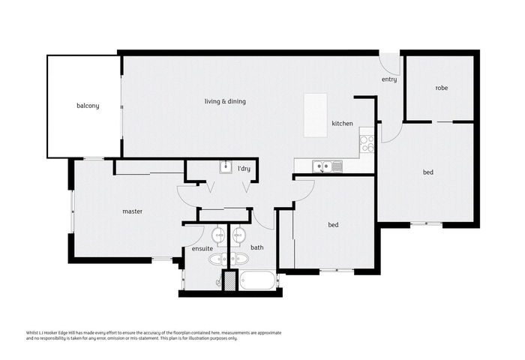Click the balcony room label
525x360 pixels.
point(88,106)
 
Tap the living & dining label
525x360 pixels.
point(225,101)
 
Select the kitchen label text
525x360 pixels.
point(342,123)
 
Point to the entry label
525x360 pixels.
point(389,79)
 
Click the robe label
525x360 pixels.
point(442,88)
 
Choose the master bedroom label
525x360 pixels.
point(132,211)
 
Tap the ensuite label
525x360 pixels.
point(202,248)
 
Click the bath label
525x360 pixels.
point(257,247)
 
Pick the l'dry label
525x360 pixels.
point(244,169)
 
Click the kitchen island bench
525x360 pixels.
point(316,115)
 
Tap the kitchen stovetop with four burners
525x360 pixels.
point(367,143)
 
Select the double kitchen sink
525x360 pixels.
point(327,166)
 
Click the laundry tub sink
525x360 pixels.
point(226,166)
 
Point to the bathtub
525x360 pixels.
point(257,280)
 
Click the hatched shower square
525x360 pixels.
point(230,280)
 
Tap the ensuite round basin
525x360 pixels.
point(219,235)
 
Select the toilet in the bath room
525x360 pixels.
point(239,259)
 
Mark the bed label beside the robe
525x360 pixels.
point(428,172)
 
